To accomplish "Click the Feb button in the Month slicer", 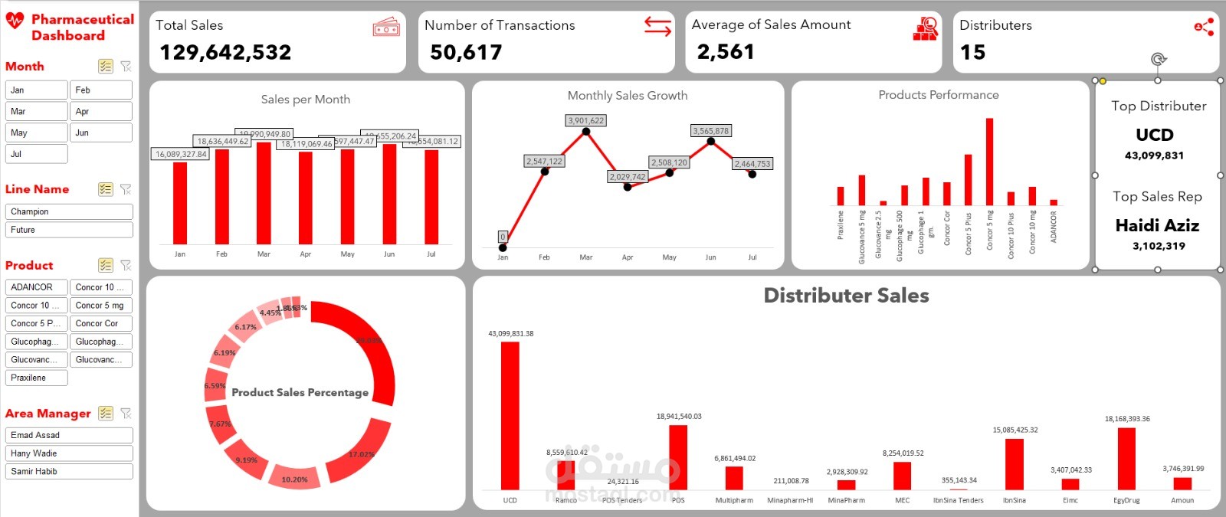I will [100, 90].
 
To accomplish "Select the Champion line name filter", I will [69, 211].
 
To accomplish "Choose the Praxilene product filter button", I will [37, 378].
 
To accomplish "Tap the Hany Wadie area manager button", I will [69, 453].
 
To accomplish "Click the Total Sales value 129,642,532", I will [225, 52].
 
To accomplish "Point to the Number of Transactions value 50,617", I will [466, 52].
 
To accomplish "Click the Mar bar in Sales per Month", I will [264, 193].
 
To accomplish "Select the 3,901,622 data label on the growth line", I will [586, 120].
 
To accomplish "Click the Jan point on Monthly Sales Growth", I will [503, 247].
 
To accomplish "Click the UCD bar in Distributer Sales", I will [510, 415].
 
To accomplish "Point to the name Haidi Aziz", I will [1157, 225].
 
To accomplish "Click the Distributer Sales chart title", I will [846, 296].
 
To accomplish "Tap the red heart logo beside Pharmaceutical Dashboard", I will [15, 21].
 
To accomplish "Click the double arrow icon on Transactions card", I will [657, 26].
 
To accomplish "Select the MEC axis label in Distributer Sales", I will [902, 500].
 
